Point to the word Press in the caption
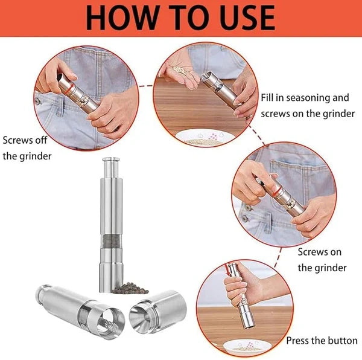click(x=297, y=341)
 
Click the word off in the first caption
click(x=41, y=140)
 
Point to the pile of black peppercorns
click(x=130, y=288)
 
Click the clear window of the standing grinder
click(x=111, y=241)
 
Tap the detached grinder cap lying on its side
click(x=158, y=312)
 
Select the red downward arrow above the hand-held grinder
click(x=228, y=269)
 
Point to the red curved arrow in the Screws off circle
click(x=69, y=89)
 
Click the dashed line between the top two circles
click(x=146, y=86)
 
